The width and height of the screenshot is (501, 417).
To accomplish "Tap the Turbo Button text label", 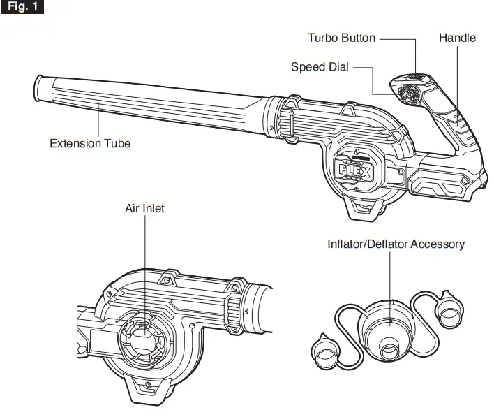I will pyautogui.click(x=341, y=38).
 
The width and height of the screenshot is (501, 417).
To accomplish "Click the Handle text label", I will pyautogui.click(x=457, y=38).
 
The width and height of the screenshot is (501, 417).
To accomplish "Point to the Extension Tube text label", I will pyautogui.click(x=90, y=143).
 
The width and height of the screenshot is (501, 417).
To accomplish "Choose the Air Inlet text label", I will pyautogui.click(x=144, y=209).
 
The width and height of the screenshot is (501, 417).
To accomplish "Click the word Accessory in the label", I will pyautogui.click(x=438, y=244).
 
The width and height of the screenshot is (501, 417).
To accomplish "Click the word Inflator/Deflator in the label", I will pyautogui.click(x=368, y=244).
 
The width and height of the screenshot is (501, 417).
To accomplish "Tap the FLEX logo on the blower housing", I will pyautogui.click(x=354, y=170).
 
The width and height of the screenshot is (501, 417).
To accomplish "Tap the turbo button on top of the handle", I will pyautogui.click(x=417, y=78).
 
